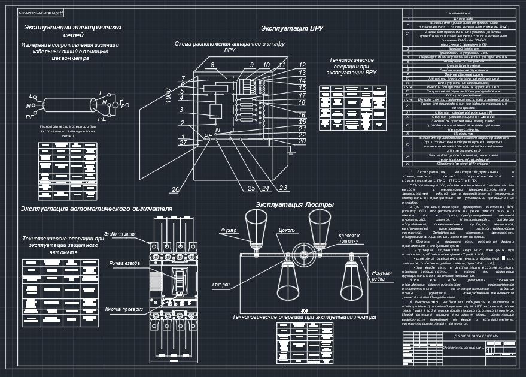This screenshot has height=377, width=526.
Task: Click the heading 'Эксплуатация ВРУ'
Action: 292,28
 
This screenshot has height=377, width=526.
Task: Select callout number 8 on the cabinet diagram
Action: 212,65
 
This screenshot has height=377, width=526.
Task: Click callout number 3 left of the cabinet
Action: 181,110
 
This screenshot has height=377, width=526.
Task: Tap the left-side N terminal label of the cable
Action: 28,105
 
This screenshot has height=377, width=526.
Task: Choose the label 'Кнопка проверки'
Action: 124,309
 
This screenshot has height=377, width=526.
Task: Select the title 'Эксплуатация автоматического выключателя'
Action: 96,209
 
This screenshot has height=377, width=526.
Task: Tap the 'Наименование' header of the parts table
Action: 458,13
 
